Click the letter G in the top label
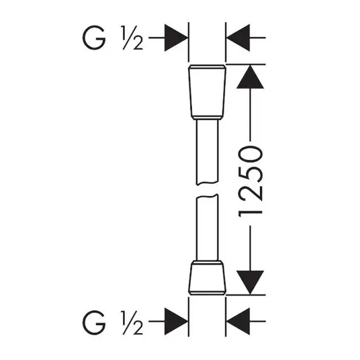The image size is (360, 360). click(x=94, y=38)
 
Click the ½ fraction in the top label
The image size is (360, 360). click(x=133, y=38)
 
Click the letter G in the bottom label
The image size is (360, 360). click(x=94, y=322)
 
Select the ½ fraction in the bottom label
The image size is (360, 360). click(x=133, y=322)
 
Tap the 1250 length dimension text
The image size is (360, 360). click(x=251, y=182)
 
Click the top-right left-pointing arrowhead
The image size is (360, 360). click(x=238, y=38)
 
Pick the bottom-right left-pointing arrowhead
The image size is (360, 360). click(x=238, y=322)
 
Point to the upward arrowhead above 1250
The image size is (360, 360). click(x=251, y=77)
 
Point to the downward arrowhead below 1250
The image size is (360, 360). click(x=251, y=282)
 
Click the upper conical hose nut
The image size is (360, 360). click(x=207, y=92)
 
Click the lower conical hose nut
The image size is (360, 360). click(x=207, y=278)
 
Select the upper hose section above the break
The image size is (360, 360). click(x=207, y=152)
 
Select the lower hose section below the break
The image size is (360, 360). click(x=207, y=228)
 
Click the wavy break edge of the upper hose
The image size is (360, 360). click(x=207, y=183)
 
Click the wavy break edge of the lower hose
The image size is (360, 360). click(x=207, y=196)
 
